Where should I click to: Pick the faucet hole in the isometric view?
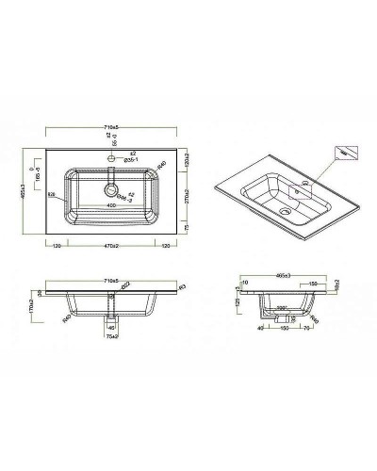point(300,188)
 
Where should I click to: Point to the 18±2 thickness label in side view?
point(336,283)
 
